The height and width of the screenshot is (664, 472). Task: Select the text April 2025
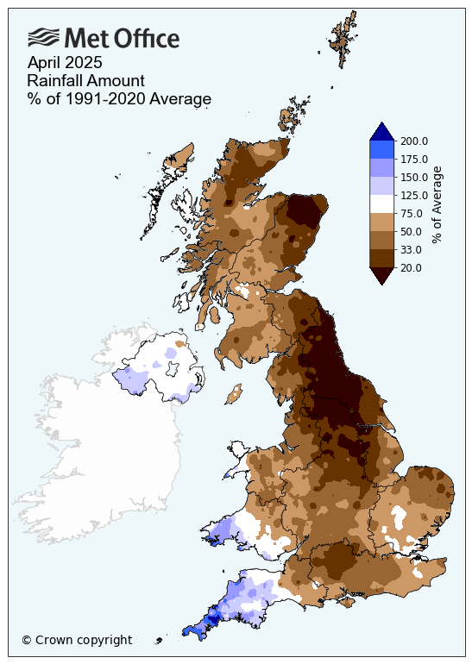(65, 62)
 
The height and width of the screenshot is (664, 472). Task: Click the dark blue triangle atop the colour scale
(382, 131)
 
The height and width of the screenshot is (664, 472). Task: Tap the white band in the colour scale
(382, 204)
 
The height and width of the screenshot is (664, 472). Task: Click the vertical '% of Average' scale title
(437, 204)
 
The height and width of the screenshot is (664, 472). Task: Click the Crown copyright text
(77, 640)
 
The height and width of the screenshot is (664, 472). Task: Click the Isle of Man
(231, 396)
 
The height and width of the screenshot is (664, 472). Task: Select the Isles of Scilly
(159, 641)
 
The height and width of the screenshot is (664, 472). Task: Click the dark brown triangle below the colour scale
(382, 276)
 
